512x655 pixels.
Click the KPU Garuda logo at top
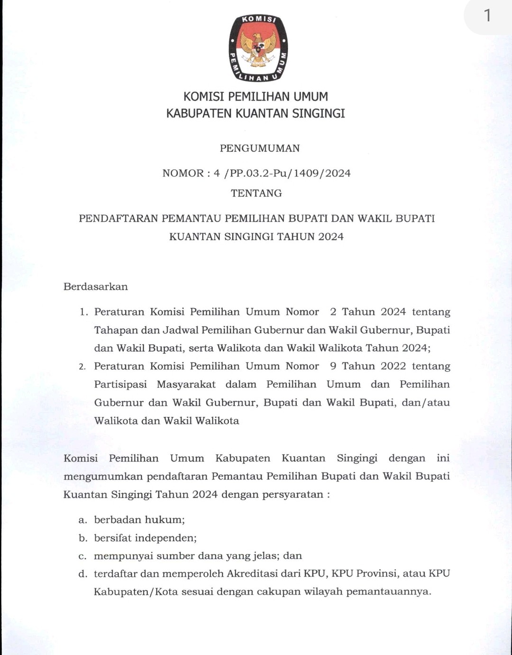[x=258, y=48]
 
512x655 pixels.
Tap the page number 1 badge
[x=487, y=16]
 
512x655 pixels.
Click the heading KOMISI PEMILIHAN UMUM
[x=256, y=97]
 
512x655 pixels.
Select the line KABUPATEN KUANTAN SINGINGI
[x=256, y=114]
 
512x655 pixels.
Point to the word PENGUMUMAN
[x=260, y=148]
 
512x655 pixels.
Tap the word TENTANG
[x=256, y=194]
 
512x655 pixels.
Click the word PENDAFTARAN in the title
[x=119, y=219]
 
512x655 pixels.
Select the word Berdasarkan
[x=96, y=287]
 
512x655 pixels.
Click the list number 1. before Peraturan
[x=84, y=312]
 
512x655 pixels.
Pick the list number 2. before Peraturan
[x=82, y=367]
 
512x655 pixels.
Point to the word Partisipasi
[x=120, y=385]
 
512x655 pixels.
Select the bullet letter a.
[x=83, y=520]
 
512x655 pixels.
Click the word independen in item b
[x=165, y=538]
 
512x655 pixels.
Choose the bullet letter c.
[x=82, y=556]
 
